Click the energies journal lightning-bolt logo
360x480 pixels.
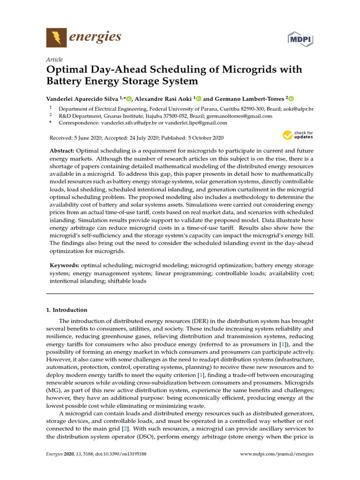[56, 37]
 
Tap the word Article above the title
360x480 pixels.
[54, 60]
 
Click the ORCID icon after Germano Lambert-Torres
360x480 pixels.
[291, 99]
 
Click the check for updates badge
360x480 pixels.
[298, 136]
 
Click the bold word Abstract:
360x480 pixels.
[62, 151]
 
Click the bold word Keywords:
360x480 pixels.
[64, 265]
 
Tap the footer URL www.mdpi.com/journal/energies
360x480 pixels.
[277, 454]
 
